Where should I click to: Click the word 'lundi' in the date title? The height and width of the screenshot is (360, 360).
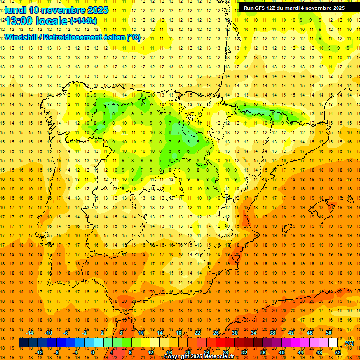coord(15,10)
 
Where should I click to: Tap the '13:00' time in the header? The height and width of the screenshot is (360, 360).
coord(20,21)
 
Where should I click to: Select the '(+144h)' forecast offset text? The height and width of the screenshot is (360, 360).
coord(83,21)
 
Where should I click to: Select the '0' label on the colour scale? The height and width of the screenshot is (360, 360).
coord(93,352)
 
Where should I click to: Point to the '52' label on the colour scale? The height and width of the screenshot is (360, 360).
coord(338,352)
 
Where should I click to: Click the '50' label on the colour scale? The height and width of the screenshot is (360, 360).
coord(329,333)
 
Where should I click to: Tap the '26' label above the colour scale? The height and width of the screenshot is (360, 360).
coord(216,333)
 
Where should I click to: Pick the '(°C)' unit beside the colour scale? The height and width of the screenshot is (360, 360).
coord(349,343)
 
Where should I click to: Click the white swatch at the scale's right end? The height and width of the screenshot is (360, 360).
coord(333,343)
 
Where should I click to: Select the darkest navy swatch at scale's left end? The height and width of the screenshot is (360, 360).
coord(23,343)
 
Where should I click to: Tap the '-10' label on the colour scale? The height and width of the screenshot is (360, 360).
coord(48,333)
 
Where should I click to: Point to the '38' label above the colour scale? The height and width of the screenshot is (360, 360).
coord(272,333)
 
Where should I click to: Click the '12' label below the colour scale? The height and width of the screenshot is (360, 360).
coord(150,352)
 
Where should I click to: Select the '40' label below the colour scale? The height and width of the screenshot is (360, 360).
coord(282,352)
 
